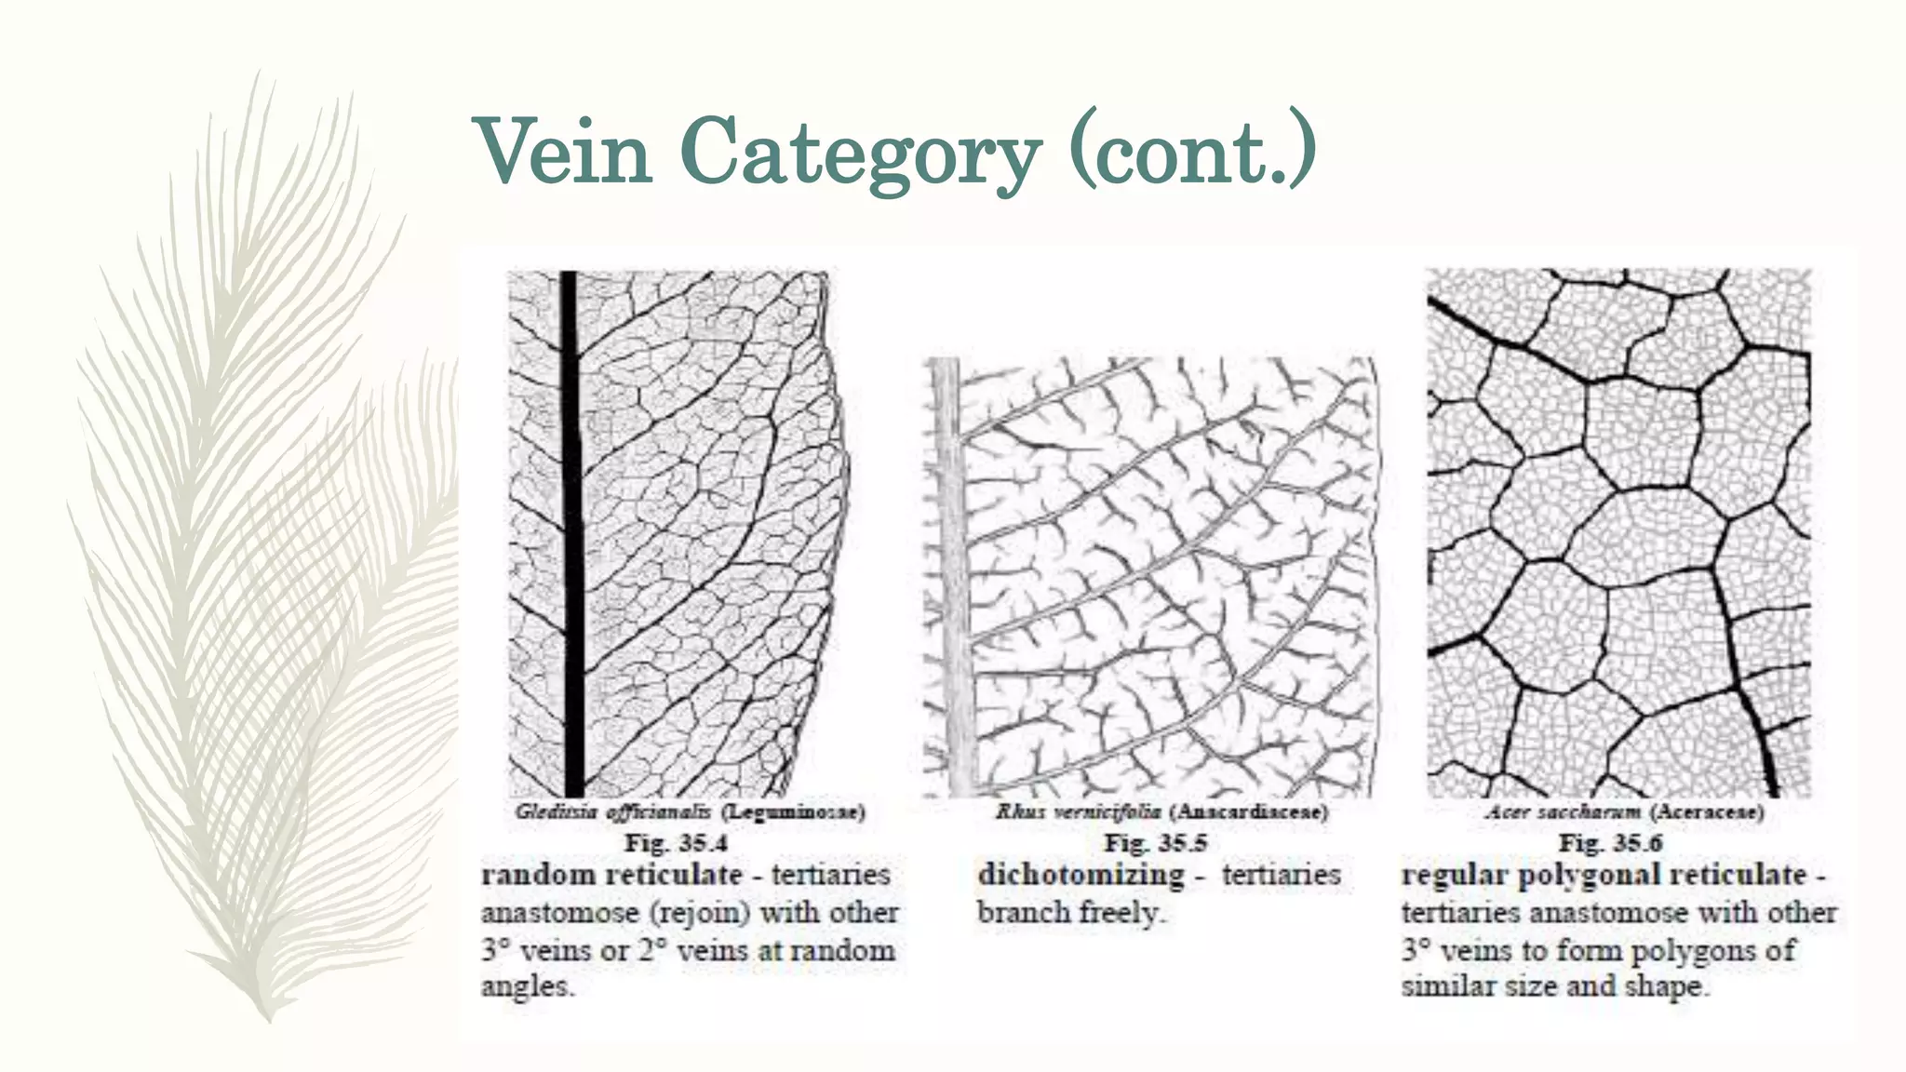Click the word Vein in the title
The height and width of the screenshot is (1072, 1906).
(565, 152)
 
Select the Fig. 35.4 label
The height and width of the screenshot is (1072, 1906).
(676, 843)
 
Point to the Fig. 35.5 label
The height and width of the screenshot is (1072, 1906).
(1155, 843)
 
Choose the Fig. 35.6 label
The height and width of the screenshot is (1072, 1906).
(1610, 843)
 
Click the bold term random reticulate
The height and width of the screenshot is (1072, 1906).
(611, 875)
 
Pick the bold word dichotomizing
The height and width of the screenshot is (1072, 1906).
(1081, 875)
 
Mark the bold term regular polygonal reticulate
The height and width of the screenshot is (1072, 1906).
(1604, 875)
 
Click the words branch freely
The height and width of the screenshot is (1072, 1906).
(1070, 913)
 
